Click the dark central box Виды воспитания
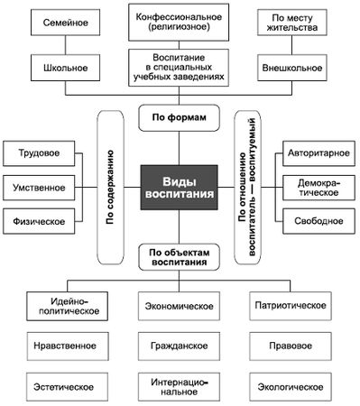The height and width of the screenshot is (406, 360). click(179, 187)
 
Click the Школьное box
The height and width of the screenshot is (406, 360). click(63, 68)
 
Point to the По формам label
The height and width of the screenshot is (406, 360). click(179, 117)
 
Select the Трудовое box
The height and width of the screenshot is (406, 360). click(38, 153)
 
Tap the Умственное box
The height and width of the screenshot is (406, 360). click(38, 187)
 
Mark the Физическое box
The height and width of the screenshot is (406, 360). click(38, 221)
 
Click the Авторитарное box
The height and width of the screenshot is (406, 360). click(317, 153)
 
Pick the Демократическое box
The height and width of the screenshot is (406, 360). click(317, 187)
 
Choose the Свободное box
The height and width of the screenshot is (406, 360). click(317, 221)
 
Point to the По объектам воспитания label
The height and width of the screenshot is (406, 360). click(179, 258)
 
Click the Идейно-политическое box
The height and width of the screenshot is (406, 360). click(63, 306)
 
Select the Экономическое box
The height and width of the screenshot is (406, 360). click(179, 306)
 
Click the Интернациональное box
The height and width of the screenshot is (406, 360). click(179, 387)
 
